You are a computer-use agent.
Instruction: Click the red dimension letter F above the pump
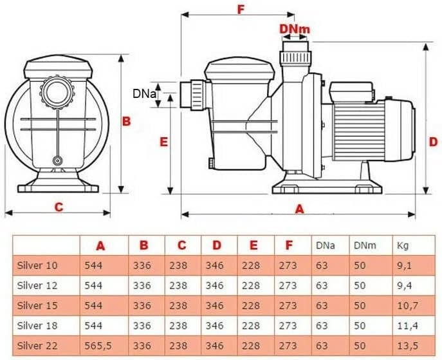click(x=240, y=9)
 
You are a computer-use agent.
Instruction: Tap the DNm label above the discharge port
click(x=295, y=29)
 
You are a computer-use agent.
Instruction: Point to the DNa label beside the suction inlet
click(x=144, y=93)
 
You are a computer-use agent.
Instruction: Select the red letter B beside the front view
click(x=126, y=121)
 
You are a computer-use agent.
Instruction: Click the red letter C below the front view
click(x=59, y=207)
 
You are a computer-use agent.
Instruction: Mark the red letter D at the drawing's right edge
click(x=433, y=142)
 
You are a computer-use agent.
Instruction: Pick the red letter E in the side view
click(x=163, y=142)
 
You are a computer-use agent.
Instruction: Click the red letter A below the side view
click(x=299, y=209)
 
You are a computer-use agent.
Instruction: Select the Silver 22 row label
click(x=37, y=346)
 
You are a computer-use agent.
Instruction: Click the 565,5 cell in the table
click(x=98, y=346)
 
